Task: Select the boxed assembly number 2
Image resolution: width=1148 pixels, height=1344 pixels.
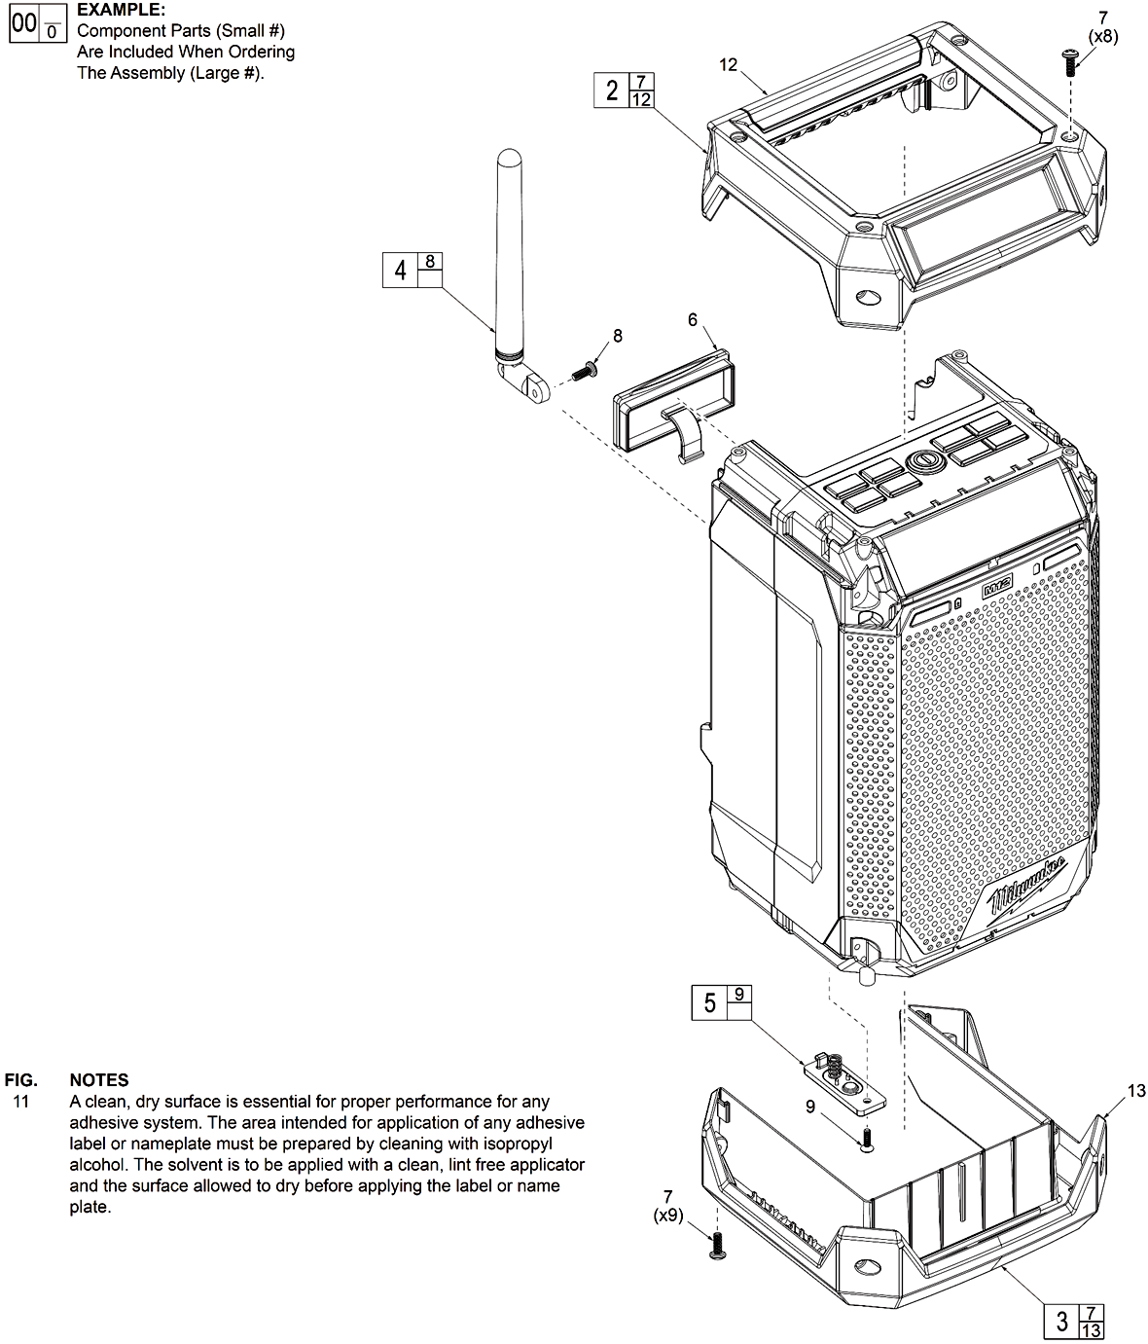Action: tap(612, 91)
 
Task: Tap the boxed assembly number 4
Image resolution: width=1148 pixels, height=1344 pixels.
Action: tap(400, 270)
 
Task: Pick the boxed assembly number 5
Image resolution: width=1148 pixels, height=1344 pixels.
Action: tap(709, 1002)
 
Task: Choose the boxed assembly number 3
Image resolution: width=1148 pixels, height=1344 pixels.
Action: tap(1061, 1321)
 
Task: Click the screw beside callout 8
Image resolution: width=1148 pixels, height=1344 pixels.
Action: tap(585, 371)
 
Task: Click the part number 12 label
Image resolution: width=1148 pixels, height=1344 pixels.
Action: tap(729, 65)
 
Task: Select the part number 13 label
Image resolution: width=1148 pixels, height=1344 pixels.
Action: tap(1136, 1091)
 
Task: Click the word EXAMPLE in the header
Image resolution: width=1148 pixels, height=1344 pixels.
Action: tap(121, 10)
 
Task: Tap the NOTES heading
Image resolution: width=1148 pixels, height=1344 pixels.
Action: tap(99, 1079)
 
